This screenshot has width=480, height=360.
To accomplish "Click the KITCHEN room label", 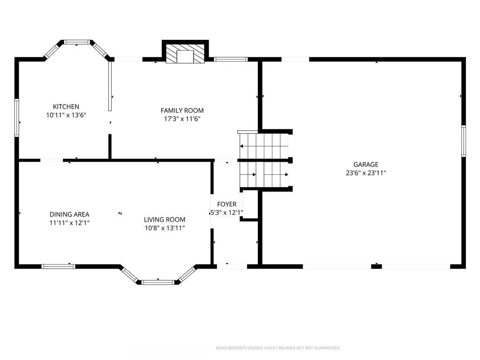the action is pos(66,106).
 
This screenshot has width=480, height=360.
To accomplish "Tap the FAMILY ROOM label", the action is pos(182,111).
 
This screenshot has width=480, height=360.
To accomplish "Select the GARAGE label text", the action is pos(366,165).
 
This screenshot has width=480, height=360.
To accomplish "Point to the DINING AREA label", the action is pos(69,214).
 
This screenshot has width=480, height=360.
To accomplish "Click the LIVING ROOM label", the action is pos(165,219).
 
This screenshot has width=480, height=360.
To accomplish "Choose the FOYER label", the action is pos(227,204).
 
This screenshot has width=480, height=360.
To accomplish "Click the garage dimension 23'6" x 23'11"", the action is pos(366,173).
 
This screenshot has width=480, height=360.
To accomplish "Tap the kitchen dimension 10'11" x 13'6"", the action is pos(66,115).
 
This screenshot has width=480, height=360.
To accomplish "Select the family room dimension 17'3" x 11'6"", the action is pos(182,119).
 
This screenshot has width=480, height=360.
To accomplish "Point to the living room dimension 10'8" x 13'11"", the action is pos(165,228).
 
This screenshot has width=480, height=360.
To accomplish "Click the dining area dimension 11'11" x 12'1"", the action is pos(69,223).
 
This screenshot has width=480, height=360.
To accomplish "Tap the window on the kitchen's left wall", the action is pos(17,118).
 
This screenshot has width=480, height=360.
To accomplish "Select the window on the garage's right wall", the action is pos(464,141).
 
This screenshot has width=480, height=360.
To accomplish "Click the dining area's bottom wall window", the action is pos(58,267).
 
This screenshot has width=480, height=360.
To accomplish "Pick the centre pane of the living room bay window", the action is pos(158,282).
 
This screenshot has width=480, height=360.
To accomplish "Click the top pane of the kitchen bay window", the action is pos(77,42).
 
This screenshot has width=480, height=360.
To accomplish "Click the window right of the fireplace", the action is pos(231,59).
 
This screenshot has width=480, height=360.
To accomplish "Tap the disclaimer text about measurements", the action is pos(278,348).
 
